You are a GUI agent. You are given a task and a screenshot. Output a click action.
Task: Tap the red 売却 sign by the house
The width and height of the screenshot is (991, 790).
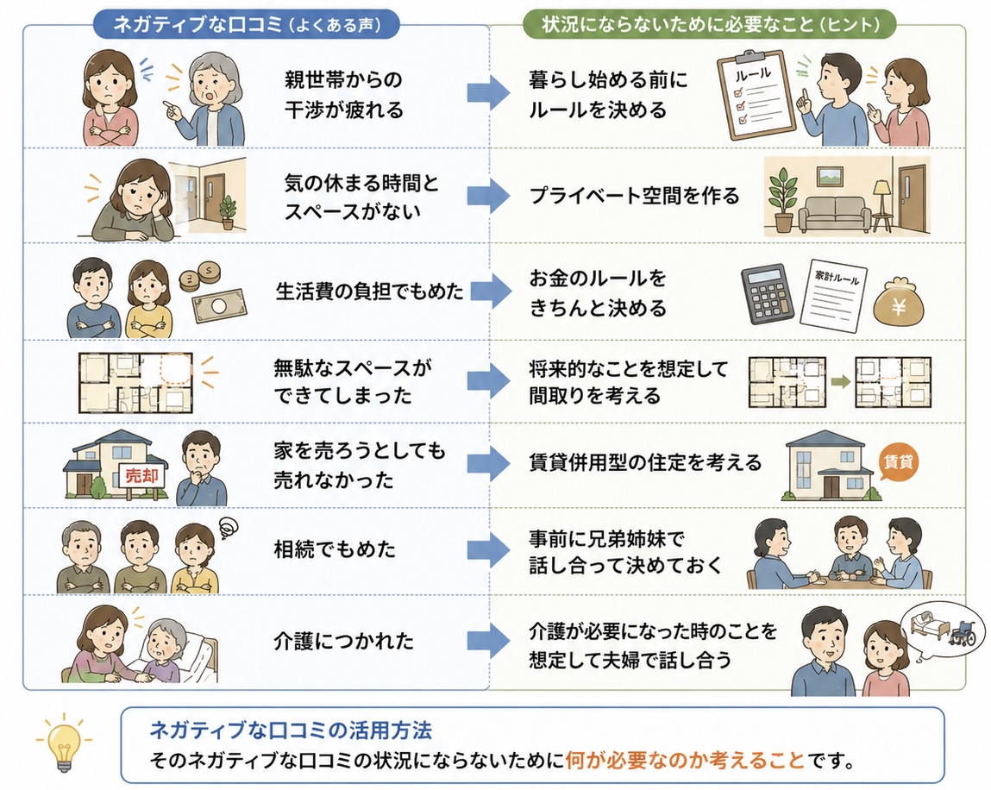141,476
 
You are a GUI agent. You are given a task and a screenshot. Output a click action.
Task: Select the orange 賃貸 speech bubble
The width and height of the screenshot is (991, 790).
898,462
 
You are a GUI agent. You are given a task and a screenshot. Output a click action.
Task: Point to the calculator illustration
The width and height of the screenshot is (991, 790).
768,294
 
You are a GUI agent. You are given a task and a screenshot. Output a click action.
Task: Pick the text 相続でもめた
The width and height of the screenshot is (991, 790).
335,549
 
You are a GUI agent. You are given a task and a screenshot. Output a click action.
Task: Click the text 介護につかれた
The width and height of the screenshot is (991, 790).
344,641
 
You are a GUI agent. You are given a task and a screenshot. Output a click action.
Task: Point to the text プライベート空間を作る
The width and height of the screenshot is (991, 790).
634,196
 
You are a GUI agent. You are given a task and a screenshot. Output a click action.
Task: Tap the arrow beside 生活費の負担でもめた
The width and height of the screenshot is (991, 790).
488,292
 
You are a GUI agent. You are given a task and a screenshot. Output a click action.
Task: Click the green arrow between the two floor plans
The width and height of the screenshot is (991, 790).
840,382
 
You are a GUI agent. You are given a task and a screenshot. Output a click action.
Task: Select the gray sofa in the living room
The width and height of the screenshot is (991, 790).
835,214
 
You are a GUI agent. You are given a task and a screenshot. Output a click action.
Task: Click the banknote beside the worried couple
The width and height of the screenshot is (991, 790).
219,305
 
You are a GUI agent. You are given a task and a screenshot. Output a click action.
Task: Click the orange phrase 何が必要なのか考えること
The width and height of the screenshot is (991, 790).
685,760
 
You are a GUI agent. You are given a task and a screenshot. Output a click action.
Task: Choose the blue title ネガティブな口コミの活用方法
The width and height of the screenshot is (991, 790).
291,730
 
